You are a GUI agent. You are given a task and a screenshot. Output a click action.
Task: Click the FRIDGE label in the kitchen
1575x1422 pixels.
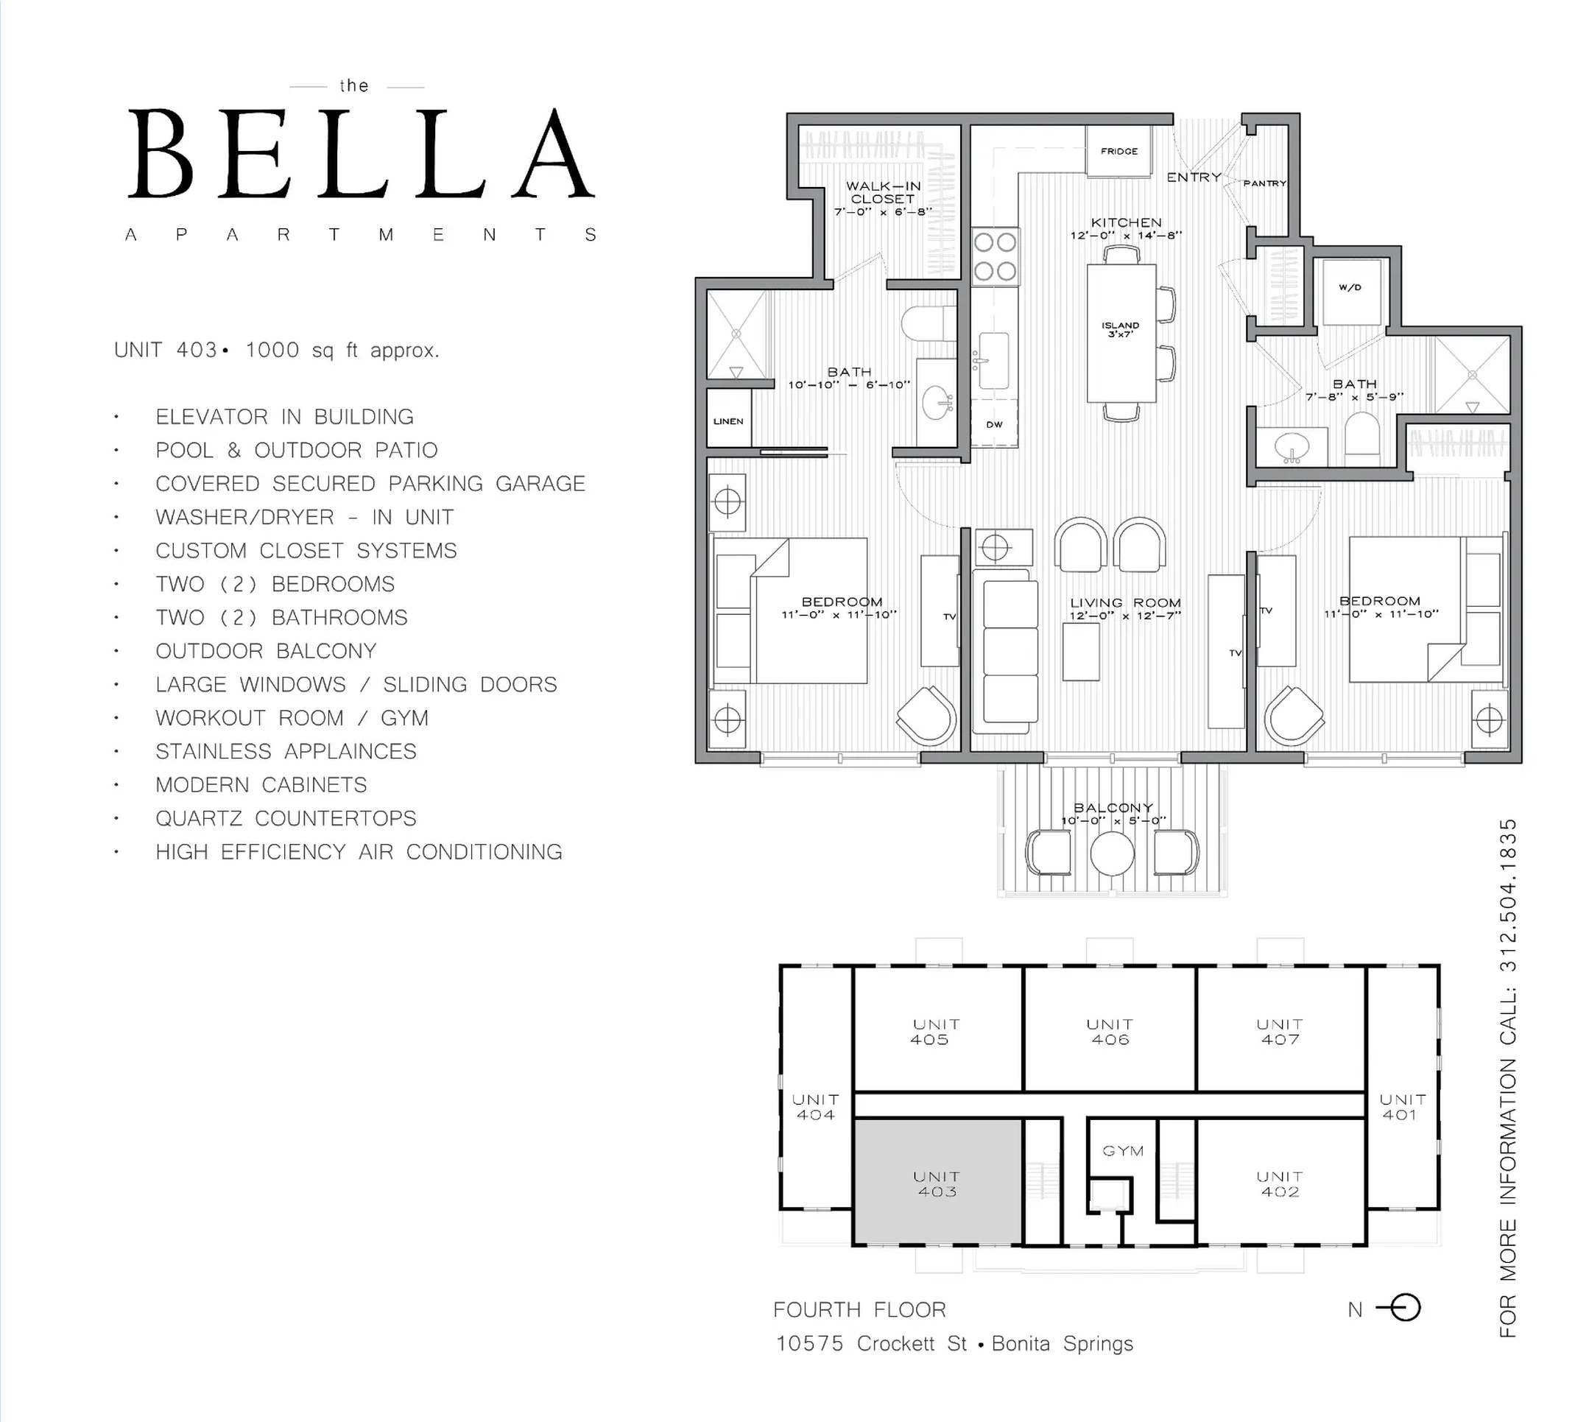pos(1118,151)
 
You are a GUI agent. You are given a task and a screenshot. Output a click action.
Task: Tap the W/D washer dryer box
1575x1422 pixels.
pos(1350,292)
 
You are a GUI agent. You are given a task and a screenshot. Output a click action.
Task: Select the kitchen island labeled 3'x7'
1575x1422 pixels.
pos(1121,334)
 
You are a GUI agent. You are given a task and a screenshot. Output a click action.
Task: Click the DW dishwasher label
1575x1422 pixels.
pos(994,424)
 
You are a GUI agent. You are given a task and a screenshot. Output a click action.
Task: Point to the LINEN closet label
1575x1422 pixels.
pos(728,421)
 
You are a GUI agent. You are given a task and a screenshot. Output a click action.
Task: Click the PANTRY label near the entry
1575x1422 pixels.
pos(1265,183)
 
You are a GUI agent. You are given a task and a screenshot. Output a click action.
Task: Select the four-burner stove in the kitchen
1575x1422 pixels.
pos(996,256)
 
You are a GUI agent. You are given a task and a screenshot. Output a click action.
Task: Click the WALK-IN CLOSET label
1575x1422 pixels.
pos(884,192)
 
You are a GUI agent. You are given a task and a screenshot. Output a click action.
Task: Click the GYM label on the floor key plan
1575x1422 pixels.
pos(1123,1151)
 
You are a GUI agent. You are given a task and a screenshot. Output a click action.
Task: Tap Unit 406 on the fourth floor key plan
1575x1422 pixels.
pos(1110,1032)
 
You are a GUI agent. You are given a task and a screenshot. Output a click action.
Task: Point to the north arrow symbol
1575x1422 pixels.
pos(1398,1308)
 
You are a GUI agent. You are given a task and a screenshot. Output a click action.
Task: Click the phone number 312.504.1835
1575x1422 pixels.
pos(1508,895)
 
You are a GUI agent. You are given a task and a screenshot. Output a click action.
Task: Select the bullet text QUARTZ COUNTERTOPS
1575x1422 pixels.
pos(286,818)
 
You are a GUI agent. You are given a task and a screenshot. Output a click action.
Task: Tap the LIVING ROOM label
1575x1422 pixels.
pos(1125,602)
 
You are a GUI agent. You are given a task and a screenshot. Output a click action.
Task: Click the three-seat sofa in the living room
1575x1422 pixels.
pos(1010,651)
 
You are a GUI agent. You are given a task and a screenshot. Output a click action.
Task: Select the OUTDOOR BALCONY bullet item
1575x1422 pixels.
pos(267,651)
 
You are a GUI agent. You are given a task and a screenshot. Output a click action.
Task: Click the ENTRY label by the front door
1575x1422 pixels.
pos(1194,177)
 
